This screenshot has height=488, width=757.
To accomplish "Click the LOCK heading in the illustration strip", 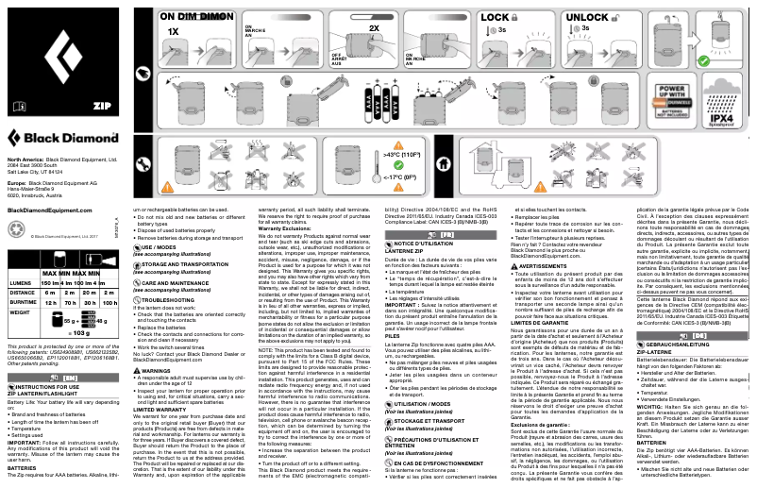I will click(x=496, y=18).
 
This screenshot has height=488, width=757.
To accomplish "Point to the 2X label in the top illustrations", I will click(x=374, y=29).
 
